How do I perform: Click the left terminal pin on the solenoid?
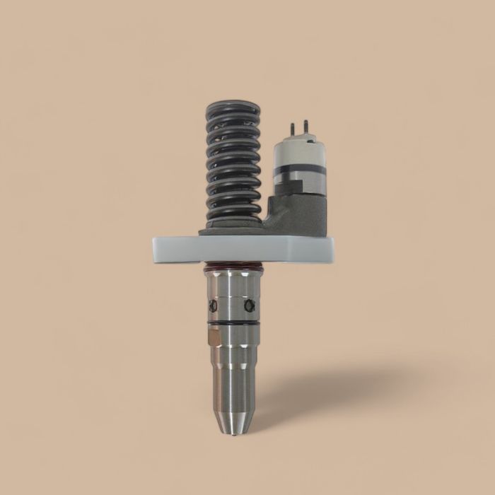point(291,129)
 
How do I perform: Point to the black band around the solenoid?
point(297,170)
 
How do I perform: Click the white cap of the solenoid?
point(297,150)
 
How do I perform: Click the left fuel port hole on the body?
point(211,305)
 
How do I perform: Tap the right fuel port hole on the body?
point(247,305)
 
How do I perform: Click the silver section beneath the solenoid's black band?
point(297,185)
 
